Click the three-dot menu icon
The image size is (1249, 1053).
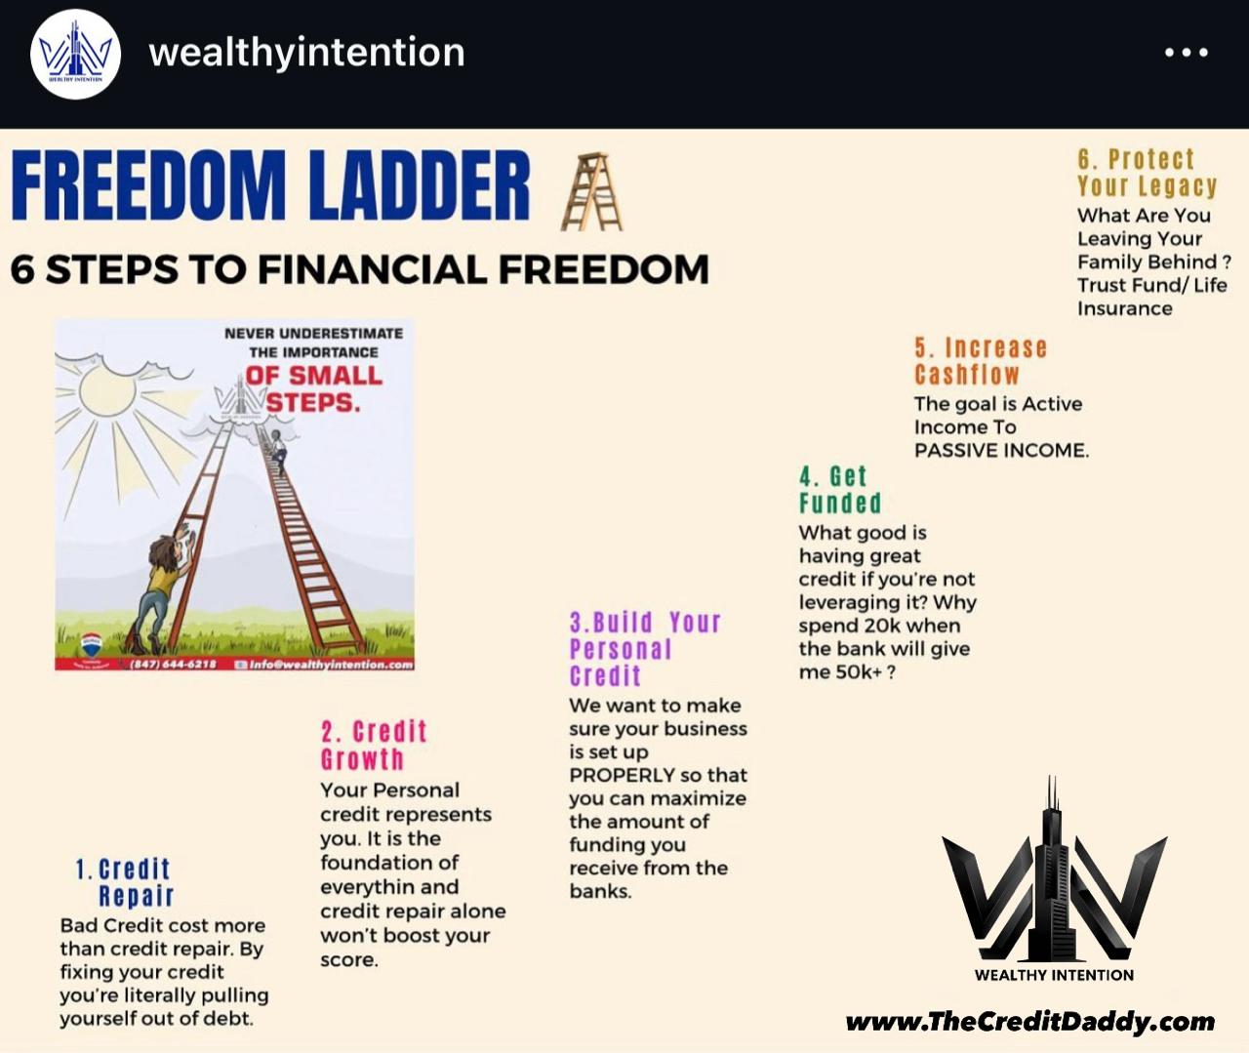coord(1187,53)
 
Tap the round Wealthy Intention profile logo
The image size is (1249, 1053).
coord(76,54)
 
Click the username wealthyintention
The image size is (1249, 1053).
coord(306,52)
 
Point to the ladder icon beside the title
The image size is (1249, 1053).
coord(591,191)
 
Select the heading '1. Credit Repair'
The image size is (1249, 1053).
coord(125,882)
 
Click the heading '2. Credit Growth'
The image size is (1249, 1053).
coord(375,746)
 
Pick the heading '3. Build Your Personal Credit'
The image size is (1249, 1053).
coord(644,649)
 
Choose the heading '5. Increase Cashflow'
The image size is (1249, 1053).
coord(980,361)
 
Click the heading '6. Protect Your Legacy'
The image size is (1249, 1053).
coord(1147,173)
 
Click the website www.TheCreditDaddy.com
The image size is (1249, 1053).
coord(1030,1022)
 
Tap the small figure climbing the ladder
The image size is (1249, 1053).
coord(278,450)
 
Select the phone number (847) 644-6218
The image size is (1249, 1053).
coord(173,664)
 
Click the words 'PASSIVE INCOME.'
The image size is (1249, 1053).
coord(1001,450)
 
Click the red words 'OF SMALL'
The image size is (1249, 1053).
coord(313,376)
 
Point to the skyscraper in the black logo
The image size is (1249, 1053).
coord(1052,869)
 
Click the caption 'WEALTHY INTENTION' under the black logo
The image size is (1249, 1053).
coord(1054,975)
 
